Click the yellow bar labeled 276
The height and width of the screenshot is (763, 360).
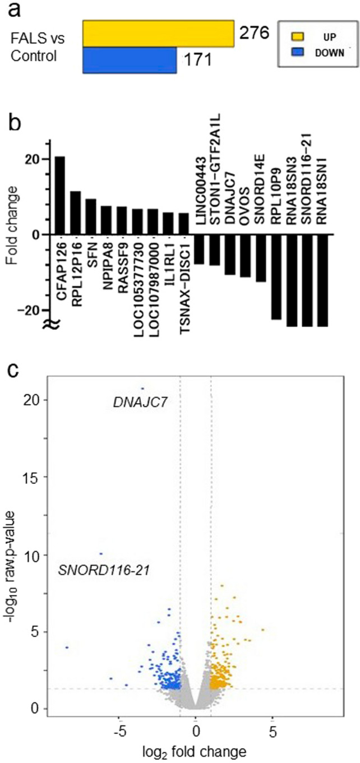(158, 33)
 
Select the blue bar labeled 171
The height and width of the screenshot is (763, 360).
(130, 59)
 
